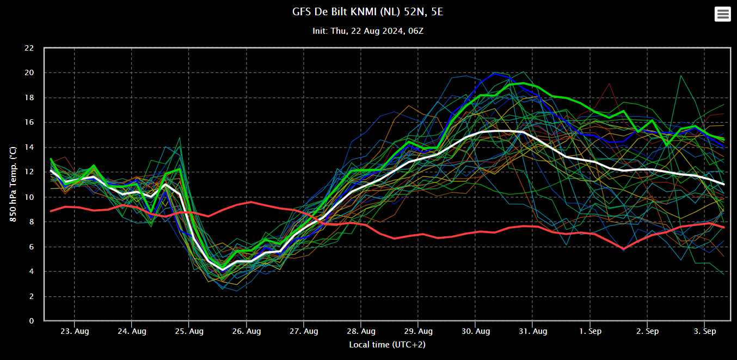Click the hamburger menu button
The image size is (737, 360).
click(723, 14)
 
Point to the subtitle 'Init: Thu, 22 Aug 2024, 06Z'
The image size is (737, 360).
click(368, 31)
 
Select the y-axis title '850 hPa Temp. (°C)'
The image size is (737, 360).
click(13, 184)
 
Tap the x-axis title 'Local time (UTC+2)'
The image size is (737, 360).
click(386, 344)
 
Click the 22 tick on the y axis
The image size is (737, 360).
click(29, 48)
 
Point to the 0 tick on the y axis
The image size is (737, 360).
click(32, 321)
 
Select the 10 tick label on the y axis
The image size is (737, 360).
click(29, 197)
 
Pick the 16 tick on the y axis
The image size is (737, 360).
click(29, 123)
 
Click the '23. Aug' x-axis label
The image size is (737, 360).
click(75, 331)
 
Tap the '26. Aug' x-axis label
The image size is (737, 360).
click(247, 331)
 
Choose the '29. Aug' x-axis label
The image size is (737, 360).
click(419, 331)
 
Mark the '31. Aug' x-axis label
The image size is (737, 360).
click(533, 331)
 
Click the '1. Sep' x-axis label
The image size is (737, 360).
click(591, 331)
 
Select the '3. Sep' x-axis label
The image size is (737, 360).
click(705, 331)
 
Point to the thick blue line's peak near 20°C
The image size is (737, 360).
click(495, 73)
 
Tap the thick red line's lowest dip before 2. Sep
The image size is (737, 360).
click(624, 249)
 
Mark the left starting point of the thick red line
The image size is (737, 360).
click(51, 211)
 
